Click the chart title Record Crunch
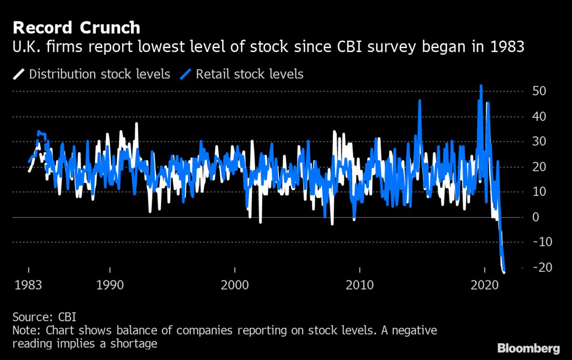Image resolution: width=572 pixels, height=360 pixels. click(77, 28)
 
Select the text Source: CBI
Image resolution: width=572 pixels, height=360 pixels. click(44, 317)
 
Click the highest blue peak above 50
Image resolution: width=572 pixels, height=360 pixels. click(481, 86)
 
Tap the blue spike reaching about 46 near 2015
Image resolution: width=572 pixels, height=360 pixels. click(419, 101)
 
